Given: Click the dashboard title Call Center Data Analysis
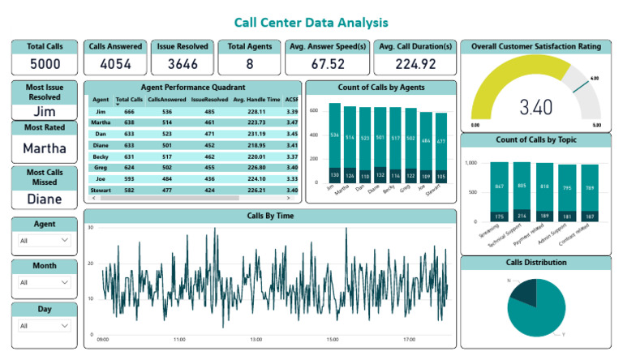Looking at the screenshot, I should coord(311,23).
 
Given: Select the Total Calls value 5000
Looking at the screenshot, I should coord(45,64).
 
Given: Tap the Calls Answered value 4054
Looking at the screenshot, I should coord(116,64).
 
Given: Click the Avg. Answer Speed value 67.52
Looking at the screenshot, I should coord(329,64).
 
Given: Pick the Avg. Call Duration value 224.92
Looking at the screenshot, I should coord(413,64).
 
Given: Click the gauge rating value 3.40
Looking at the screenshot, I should coord(536,106).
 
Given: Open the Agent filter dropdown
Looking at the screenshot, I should coord(45,241).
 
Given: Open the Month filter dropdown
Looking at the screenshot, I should coord(45,283).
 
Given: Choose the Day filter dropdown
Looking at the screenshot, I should coord(45,326).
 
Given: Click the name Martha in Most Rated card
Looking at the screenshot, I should coord(45,148).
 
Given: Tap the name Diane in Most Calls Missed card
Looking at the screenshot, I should coord(45,198).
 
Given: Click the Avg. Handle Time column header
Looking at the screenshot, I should coord(256,99).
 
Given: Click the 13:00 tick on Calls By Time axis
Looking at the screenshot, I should coord(256,340).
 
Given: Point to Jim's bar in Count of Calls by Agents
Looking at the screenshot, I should coord(334,142).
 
